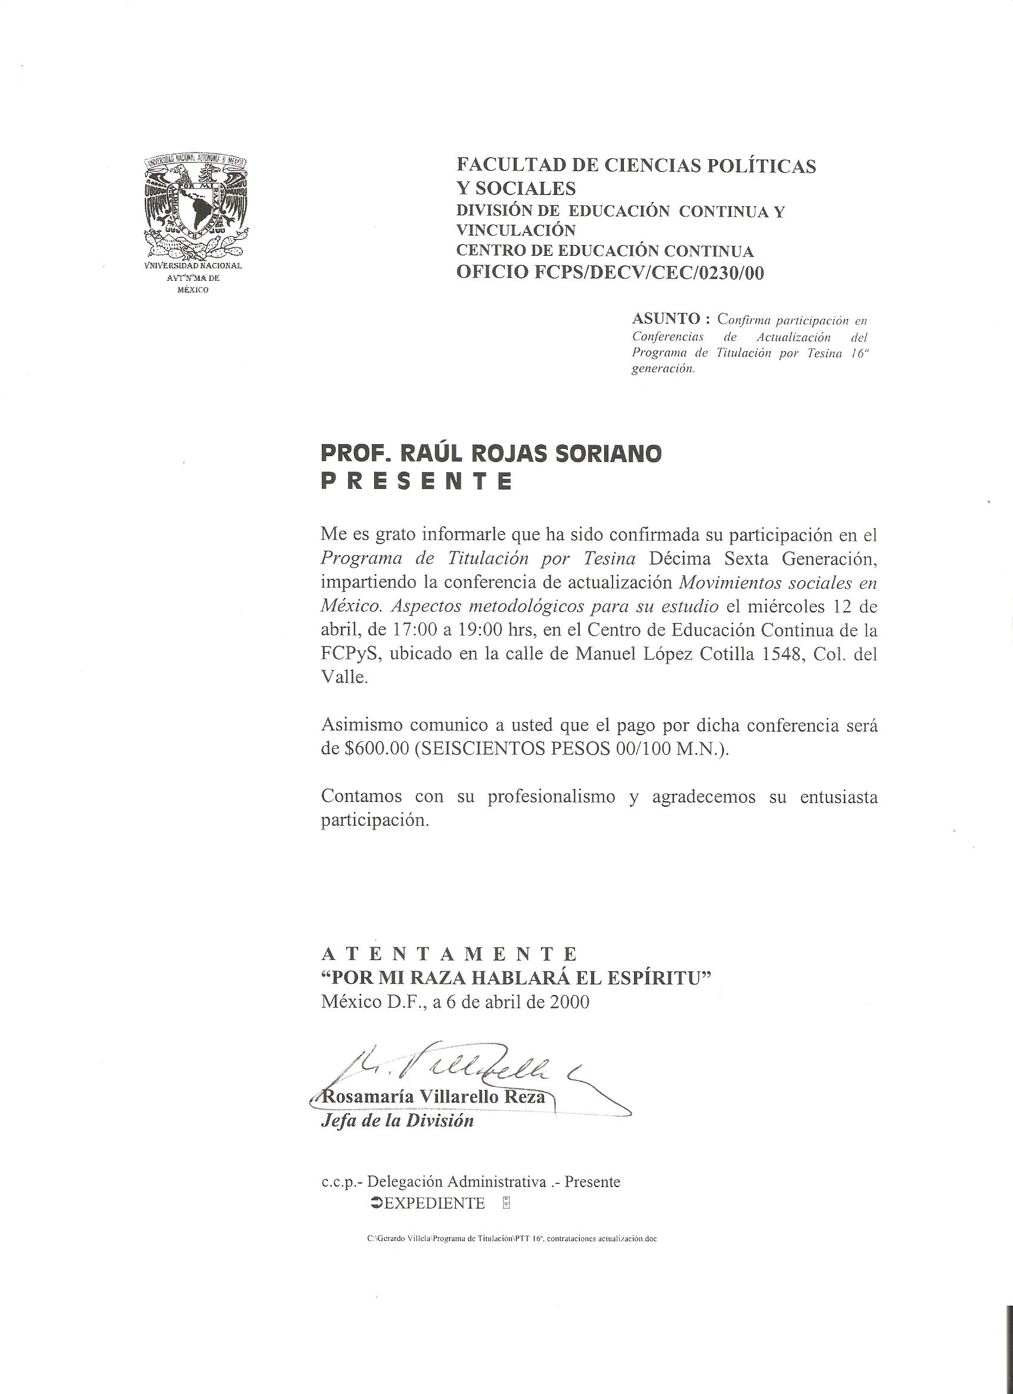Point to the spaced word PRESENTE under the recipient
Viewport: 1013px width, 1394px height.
(417, 481)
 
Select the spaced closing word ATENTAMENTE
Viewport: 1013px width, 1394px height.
(449, 955)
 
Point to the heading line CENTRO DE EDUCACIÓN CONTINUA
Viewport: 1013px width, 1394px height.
(604, 251)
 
